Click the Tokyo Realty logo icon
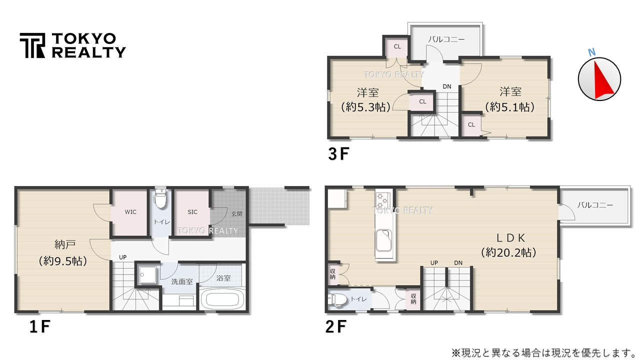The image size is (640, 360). click(32, 45)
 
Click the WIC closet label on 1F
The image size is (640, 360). click(130, 212)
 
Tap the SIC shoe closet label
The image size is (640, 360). click(192, 212)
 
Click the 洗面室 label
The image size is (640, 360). click(182, 281)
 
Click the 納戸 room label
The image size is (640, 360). click(65, 244)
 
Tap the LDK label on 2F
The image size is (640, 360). click(509, 237)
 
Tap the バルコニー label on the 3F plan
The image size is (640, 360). click(446, 39)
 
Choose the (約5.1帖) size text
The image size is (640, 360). click(510, 106)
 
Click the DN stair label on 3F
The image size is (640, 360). click(446, 86)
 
